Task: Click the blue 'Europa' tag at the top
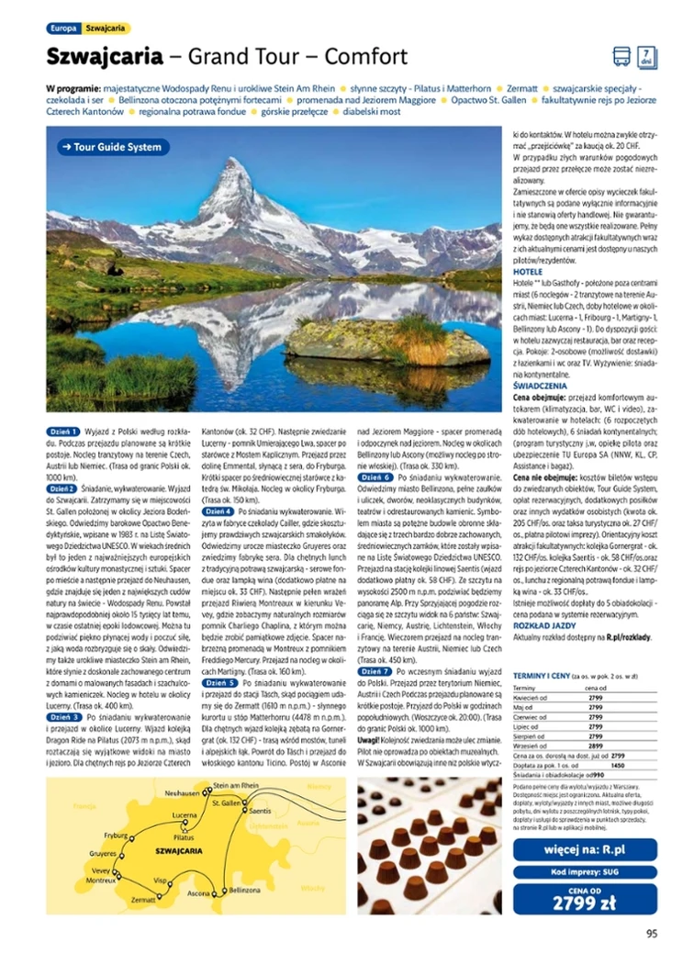(62, 29)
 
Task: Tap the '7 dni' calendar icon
(646, 57)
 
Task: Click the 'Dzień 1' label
(63, 431)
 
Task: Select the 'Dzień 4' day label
(218, 511)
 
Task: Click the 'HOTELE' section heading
(528, 272)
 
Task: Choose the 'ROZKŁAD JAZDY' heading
(543, 625)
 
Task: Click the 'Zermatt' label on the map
(143, 901)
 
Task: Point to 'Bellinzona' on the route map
(245, 891)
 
